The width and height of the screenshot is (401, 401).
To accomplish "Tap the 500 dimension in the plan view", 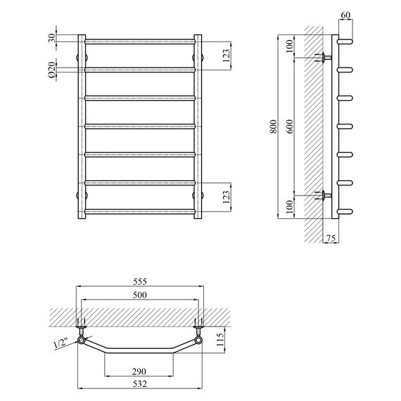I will point(141,295).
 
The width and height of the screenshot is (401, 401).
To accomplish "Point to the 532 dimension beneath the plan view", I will point(140,384).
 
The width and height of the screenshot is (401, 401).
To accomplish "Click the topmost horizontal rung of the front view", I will point(140,41).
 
